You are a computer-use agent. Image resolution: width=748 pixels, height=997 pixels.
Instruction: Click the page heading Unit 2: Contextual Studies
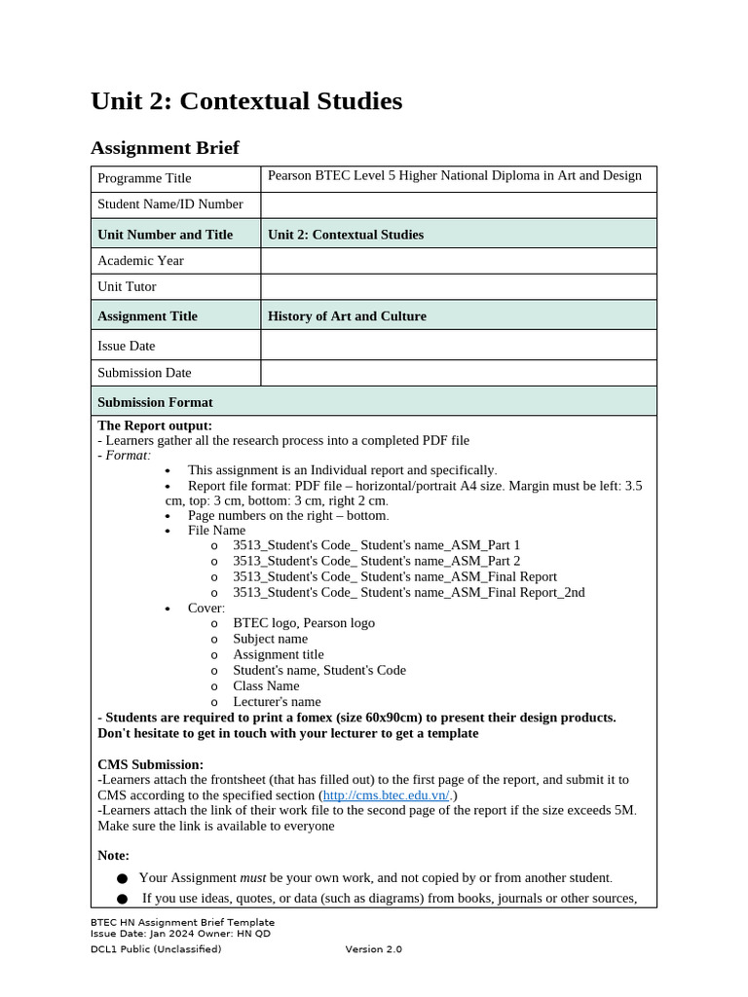(245, 101)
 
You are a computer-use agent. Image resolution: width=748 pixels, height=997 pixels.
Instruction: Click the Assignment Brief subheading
(164, 148)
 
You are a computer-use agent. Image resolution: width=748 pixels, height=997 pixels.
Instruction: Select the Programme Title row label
(144, 178)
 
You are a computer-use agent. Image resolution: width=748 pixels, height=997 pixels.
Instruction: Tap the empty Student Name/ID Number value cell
(458, 204)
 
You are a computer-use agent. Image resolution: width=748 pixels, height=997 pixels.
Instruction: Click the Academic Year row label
(140, 261)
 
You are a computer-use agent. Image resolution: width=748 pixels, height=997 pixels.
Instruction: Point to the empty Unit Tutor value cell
(458, 287)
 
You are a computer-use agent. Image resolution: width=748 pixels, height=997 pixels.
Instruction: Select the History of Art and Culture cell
(347, 316)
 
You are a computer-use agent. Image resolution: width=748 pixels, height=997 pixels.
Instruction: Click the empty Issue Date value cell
(458, 346)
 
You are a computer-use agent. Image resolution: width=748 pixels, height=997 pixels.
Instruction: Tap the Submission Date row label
(144, 373)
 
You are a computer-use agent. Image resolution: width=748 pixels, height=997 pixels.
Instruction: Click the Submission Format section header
(155, 402)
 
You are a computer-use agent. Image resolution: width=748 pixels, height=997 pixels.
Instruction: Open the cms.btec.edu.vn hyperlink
(386, 795)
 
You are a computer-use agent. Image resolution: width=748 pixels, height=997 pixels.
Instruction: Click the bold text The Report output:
(155, 425)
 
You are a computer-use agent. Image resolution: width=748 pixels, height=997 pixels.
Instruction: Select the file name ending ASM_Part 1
(376, 545)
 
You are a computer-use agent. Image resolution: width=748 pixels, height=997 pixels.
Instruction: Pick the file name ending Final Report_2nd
(408, 592)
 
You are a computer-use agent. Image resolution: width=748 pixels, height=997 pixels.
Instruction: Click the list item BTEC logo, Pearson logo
(303, 623)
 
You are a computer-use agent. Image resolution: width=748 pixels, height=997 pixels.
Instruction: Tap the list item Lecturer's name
(276, 702)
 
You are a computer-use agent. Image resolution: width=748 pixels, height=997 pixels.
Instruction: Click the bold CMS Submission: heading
(150, 764)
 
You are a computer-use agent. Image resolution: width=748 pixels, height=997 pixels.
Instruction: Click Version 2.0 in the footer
(373, 949)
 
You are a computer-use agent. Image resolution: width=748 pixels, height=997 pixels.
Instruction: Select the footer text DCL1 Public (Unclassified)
(156, 949)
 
